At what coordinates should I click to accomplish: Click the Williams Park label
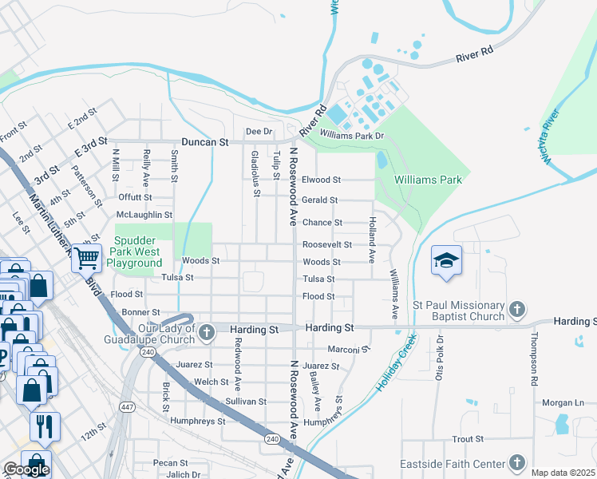tap(429, 180)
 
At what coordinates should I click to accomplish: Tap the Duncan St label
tap(205, 141)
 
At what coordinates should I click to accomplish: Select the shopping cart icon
tap(86, 257)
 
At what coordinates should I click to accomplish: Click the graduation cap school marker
tap(447, 260)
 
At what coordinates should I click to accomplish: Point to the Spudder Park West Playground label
tap(138, 251)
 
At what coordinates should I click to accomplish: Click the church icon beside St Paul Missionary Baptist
tap(516, 309)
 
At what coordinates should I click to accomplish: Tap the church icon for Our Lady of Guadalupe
tap(207, 331)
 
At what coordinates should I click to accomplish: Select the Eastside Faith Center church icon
tap(516, 463)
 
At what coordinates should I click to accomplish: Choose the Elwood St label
tap(321, 180)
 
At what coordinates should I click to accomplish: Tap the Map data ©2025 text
tap(563, 473)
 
